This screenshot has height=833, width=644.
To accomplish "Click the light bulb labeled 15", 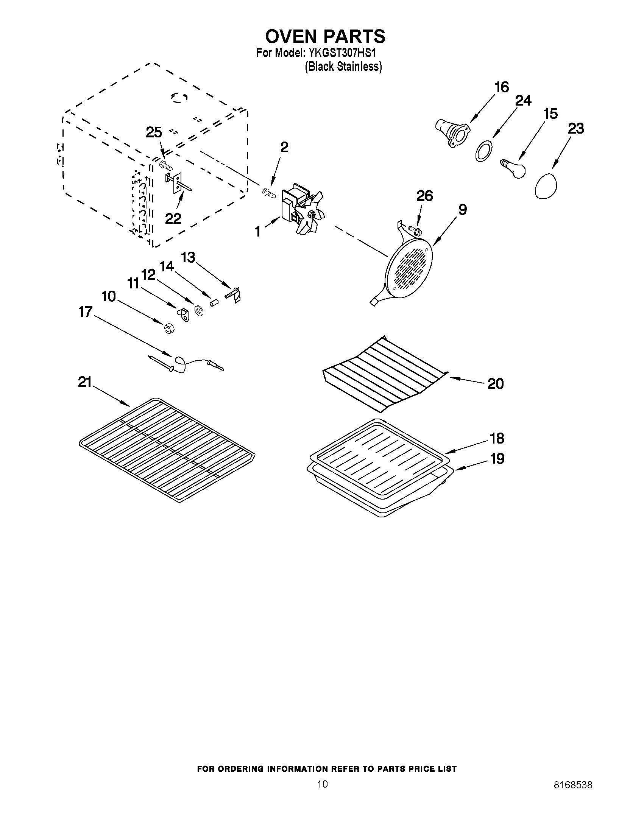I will pos(513,168).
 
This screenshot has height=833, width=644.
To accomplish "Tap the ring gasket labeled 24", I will pos(483,151).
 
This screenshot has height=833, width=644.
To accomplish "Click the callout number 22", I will pos(173,218).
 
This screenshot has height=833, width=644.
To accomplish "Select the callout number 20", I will pos(496,383).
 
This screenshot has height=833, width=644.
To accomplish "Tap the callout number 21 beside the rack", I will pos(85,382).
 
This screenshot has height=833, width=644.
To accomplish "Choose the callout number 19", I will pos(497,458).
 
